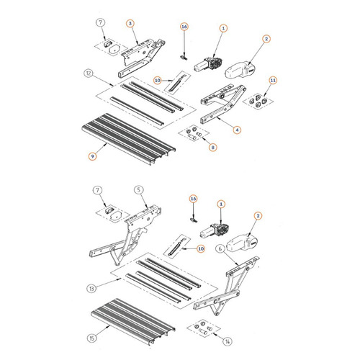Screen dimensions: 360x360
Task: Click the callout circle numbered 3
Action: (x=130, y=24)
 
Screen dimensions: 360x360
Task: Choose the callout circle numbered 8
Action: (x=212, y=148)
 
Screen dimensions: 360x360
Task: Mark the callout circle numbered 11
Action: (x=272, y=79)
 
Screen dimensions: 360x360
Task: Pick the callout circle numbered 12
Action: (x=88, y=73)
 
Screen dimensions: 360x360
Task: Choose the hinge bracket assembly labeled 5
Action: (x=133, y=230)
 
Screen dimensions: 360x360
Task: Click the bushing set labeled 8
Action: (x=194, y=134)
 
